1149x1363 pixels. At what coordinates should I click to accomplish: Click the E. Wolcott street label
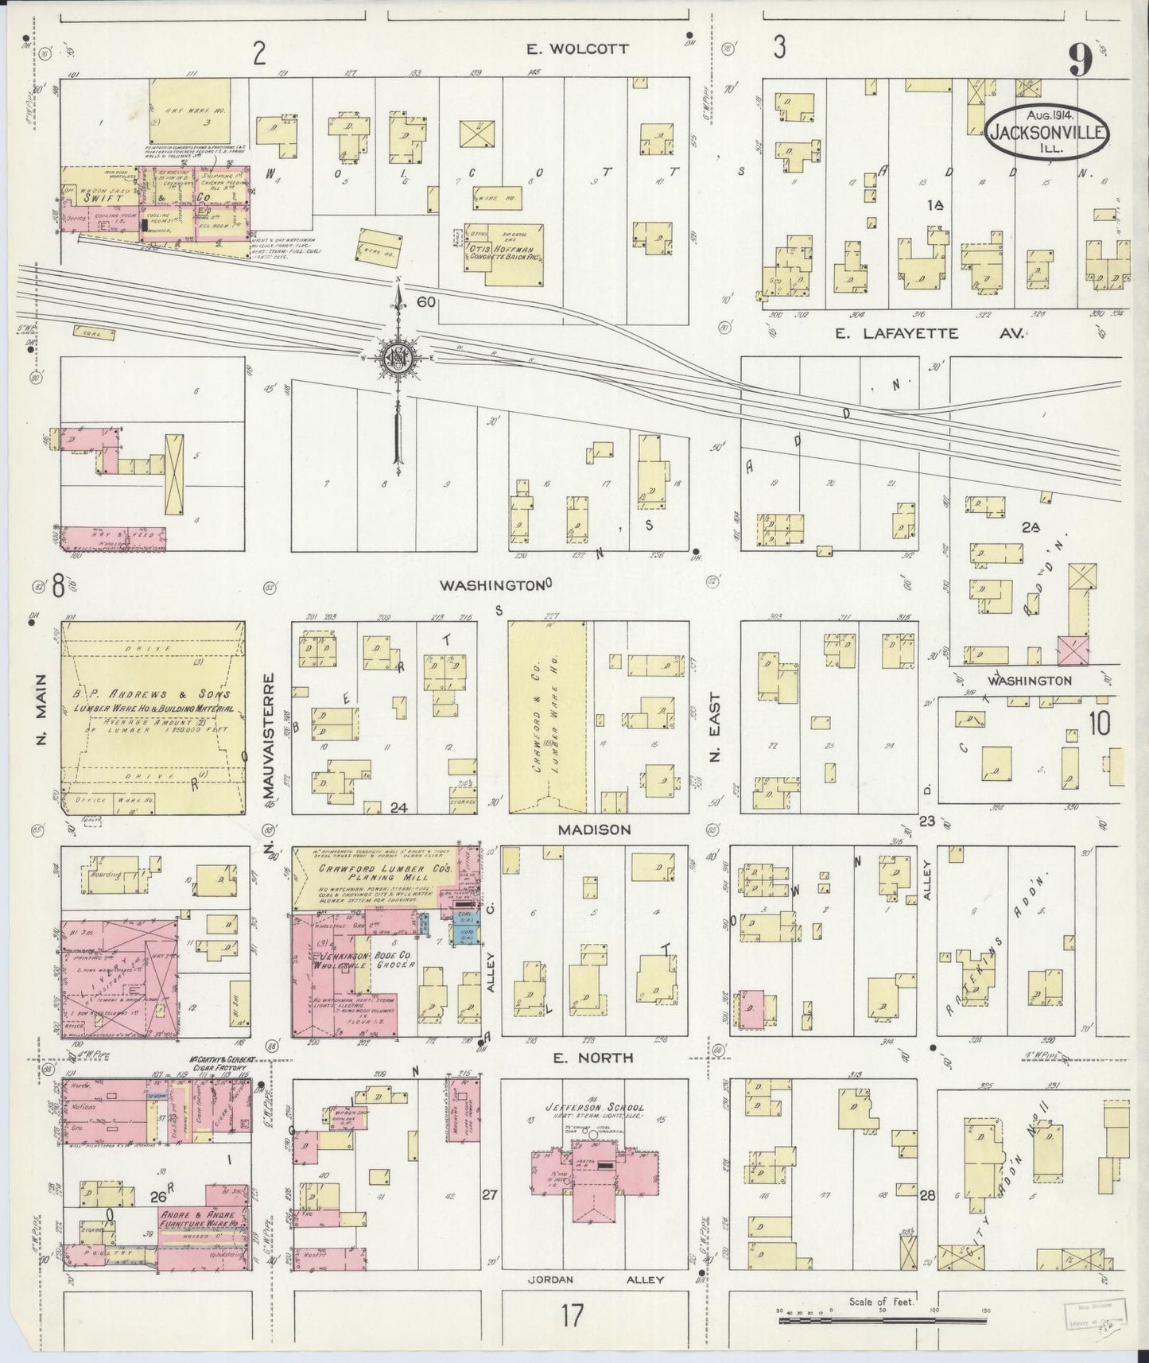[578, 49]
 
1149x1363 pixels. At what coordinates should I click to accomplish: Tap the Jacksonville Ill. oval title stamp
[1048, 134]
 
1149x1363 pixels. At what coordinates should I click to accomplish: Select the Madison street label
[593, 829]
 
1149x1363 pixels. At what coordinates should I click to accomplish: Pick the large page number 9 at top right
[1078, 60]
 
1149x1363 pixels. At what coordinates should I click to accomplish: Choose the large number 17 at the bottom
[572, 1316]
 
